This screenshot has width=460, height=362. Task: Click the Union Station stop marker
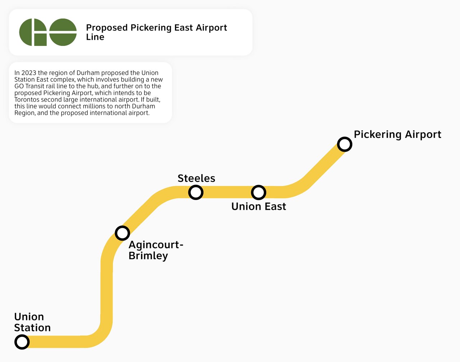click(22, 342)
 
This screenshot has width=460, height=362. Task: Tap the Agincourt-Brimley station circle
click(122, 233)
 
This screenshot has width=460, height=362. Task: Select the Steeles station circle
click(196, 192)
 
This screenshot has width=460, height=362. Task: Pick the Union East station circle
click(258, 192)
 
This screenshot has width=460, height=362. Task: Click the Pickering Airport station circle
click(344, 144)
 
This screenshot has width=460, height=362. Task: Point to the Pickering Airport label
click(397, 135)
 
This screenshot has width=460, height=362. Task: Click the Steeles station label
click(196, 178)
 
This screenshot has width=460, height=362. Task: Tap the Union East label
click(258, 206)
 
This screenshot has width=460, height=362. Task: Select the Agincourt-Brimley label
click(155, 250)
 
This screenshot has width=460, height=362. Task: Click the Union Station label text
click(32, 322)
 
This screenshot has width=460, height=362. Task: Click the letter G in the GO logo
click(33, 32)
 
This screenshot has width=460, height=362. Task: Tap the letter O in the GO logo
click(63, 32)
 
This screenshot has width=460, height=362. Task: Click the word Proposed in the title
click(107, 28)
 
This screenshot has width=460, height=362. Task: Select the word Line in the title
click(95, 37)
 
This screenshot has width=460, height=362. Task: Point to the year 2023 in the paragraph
click(29, 73)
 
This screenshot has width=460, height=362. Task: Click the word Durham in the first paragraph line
click(88, 73)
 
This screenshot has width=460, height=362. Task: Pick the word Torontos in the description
click(27, 99)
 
